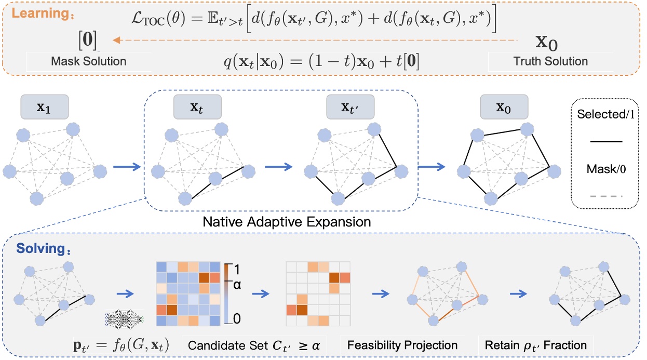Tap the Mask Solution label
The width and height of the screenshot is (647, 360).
pos(88,61)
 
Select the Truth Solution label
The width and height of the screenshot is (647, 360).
pos(550,61)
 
